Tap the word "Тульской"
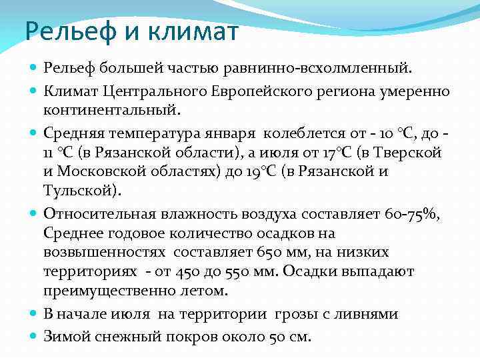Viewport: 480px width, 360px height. pos(80,189)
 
